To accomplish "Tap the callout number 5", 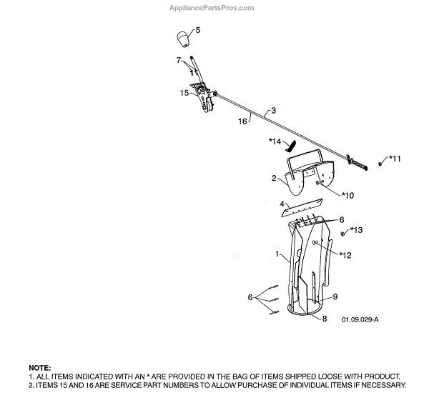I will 198,30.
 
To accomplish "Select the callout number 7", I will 179,60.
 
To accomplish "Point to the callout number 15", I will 184,92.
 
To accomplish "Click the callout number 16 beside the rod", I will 242,122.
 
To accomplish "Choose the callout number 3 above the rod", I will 272,112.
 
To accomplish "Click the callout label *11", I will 395,158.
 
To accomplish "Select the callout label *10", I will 347,194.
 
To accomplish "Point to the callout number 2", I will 273,178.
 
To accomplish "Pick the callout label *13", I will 356,229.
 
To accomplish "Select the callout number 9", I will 335,297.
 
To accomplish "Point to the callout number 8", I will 325,319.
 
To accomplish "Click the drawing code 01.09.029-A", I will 360,319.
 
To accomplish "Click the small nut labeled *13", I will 343,234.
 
